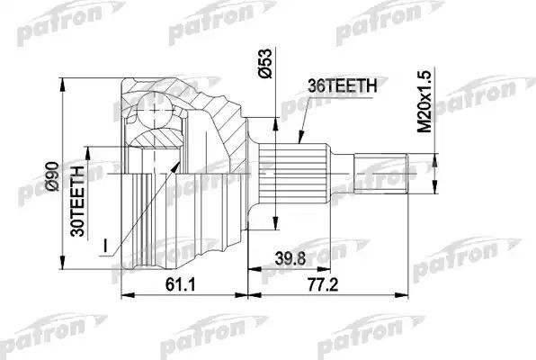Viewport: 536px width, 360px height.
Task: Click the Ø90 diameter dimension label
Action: [x=53, y=176]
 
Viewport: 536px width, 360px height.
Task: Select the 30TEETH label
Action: [x=77, y=202]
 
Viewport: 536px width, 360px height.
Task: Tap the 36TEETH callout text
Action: [x=342, y=85]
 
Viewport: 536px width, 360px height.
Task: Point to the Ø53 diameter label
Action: [x=265, y=64]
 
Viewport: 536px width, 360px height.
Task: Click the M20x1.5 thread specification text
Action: [x=425, y=102]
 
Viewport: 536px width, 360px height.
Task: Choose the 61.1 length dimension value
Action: [x=180, y=284]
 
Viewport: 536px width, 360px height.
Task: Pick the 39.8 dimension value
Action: [x=290, y=258]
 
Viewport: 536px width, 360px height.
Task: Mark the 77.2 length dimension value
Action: [x=323, y=284]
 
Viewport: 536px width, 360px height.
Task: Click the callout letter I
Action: [x=105, y=245]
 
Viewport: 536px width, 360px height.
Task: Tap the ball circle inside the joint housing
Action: [x=155, y=110]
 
